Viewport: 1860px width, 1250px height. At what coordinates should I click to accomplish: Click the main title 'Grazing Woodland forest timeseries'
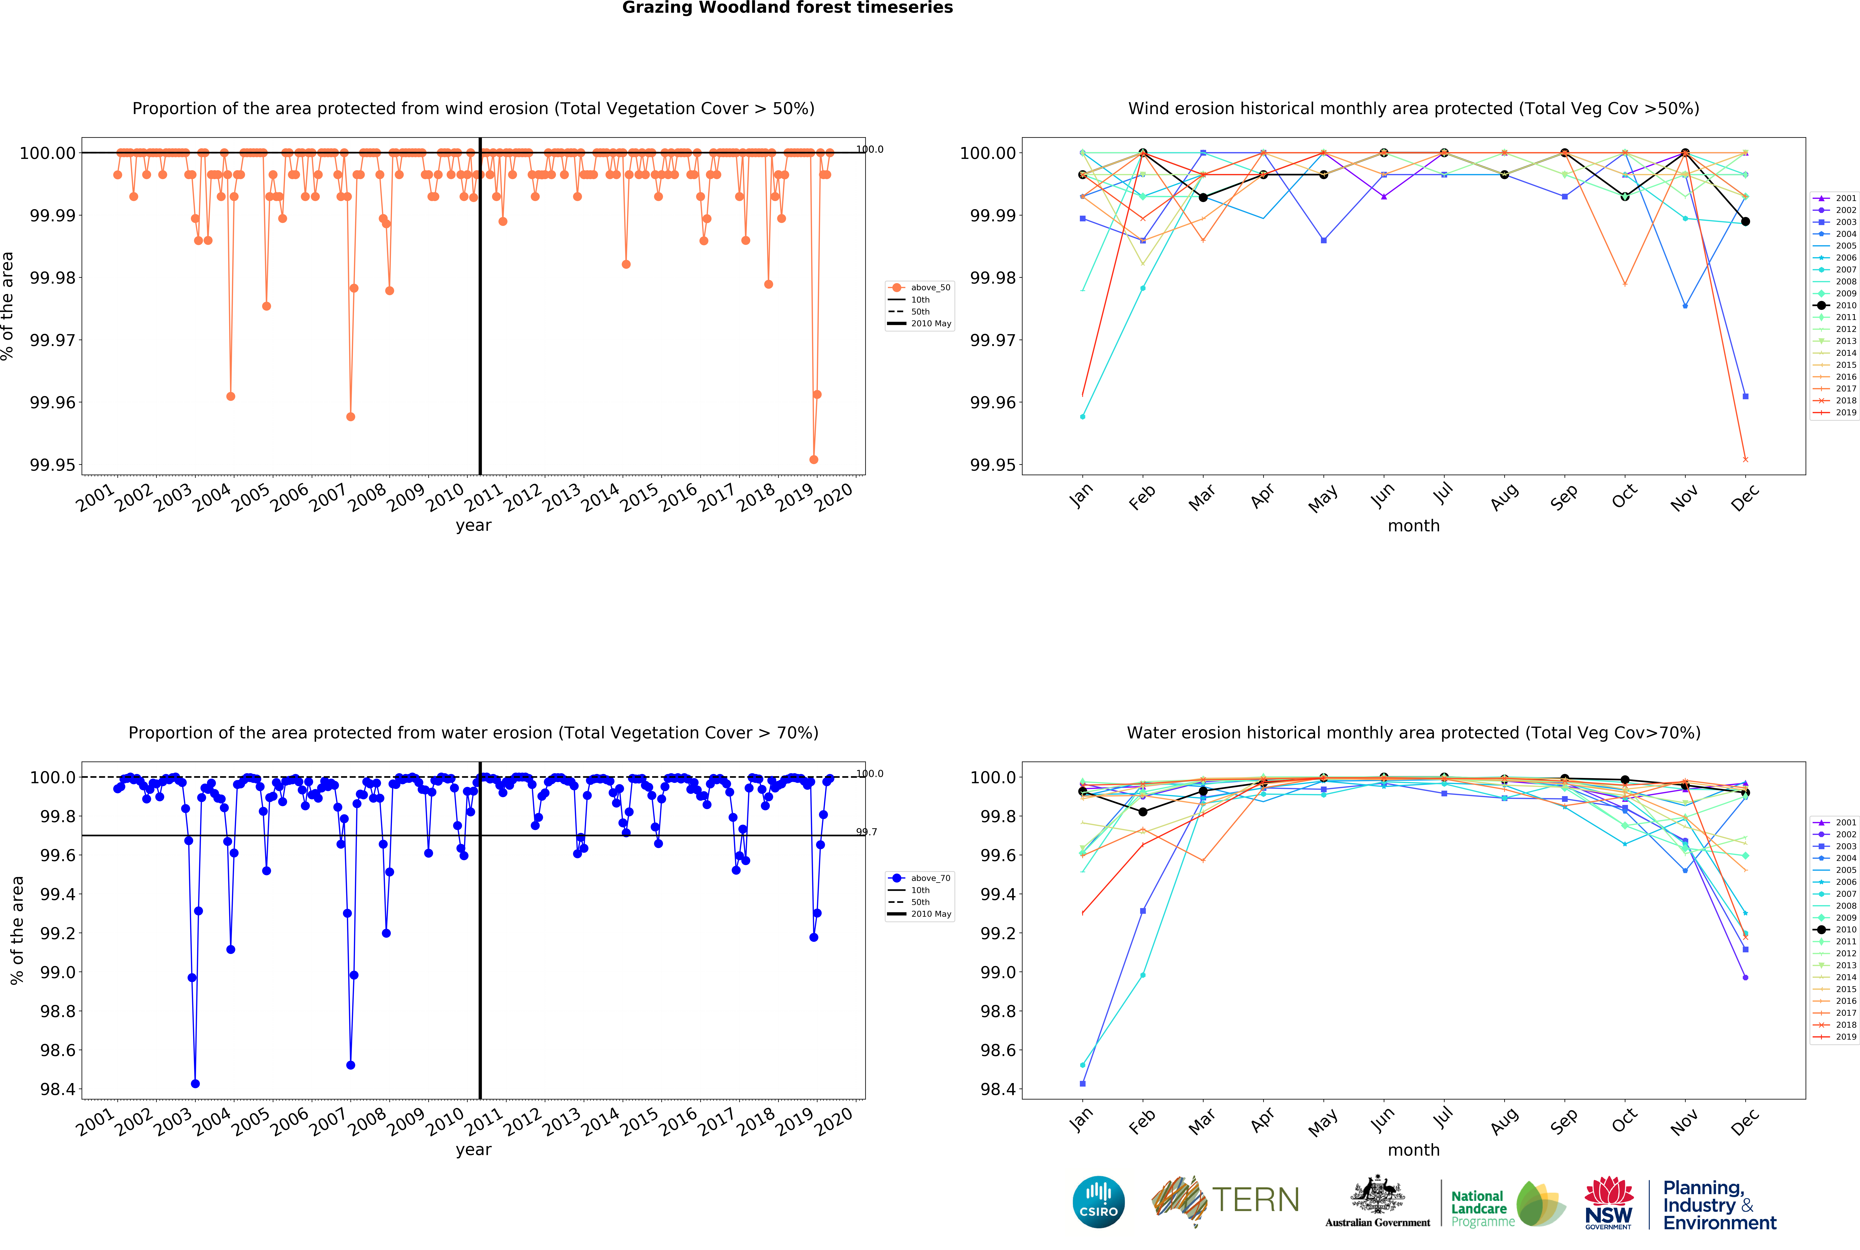coord(787,8)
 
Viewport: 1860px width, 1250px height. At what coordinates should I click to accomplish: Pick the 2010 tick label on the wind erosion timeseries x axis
coord(444,498)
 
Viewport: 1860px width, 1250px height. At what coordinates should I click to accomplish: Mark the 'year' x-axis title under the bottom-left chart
coord(473,1150)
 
